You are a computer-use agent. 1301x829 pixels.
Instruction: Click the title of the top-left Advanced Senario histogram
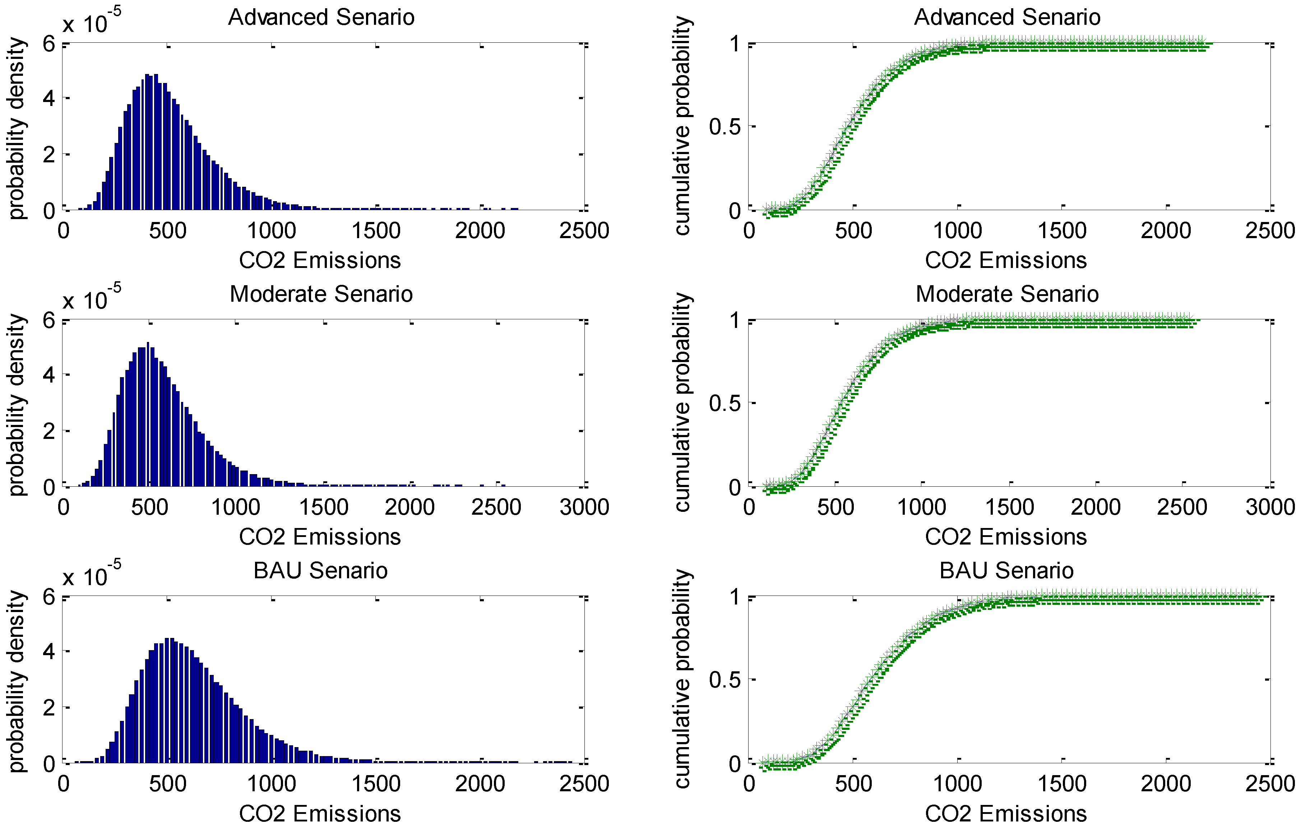[x=321, y=17]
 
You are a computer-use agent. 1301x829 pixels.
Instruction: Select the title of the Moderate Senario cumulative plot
[x=1007, y=294]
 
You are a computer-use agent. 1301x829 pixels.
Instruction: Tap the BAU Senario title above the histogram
[x=320, y=571]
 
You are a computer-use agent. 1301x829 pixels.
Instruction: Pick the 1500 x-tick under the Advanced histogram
[x=376, y=231]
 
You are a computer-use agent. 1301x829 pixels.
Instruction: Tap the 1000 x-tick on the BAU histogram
[x=272, y=784]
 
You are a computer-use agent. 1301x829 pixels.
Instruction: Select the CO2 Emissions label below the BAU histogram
[x=320, y=813]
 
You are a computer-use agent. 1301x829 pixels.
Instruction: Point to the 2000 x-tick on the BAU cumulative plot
[x=1166, y=784]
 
